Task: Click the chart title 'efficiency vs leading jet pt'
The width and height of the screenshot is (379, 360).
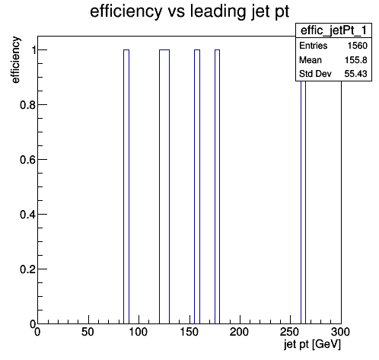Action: (x=189, y=12)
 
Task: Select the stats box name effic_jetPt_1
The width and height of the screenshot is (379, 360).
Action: (x=333, y=30)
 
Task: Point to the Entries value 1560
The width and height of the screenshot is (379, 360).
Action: (x=358, y=46)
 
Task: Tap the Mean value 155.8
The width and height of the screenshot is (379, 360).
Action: (x=356, y=60)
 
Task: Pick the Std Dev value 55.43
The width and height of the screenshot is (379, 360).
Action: (x=356, y=74)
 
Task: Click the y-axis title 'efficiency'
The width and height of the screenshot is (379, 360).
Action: (x=15, y=60)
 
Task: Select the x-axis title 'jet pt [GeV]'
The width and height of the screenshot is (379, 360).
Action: (x=312, y=344)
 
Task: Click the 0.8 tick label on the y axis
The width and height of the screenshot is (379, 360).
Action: (x=27, y=105)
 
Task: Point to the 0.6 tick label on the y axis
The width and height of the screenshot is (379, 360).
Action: (x=27, y=160)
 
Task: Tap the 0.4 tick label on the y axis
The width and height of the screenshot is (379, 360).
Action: (x=27, y=215)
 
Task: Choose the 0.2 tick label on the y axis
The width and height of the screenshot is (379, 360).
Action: (x=27, y=269)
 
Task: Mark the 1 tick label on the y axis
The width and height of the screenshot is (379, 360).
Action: (x=33, y=50)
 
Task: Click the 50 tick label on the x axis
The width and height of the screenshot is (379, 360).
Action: (x=88, y=332)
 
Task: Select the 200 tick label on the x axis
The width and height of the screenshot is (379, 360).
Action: (x=239, y=332)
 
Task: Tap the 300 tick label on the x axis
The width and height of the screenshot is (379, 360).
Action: (x=340, y=332)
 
